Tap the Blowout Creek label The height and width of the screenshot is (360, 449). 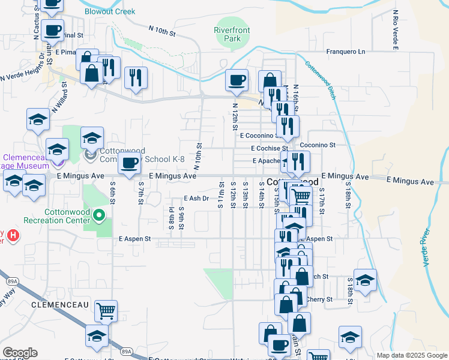(110, 11)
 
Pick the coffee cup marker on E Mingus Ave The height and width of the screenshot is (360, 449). (129, 163)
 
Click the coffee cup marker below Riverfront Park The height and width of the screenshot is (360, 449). (236, 80)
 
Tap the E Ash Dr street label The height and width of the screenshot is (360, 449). (196, 198)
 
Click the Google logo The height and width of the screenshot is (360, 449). (20, 353)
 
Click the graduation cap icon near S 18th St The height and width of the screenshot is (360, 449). (364, 280)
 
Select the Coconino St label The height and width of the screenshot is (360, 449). (318, 145)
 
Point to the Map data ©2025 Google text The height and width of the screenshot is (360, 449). (411, 355)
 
